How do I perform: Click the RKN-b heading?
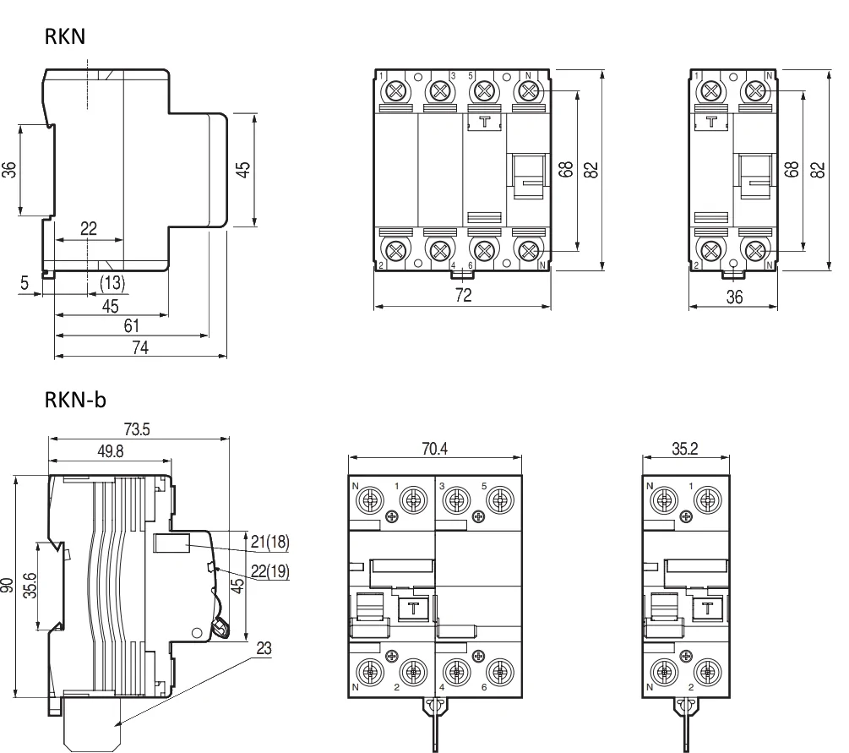(x=75, y=399)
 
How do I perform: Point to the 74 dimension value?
(x=140, y=347)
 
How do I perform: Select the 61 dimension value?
(x=131, y=326)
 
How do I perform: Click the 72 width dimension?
(x=462, y=295)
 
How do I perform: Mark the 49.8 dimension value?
(x=110, y=451)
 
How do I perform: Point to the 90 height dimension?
(x=8, y=586)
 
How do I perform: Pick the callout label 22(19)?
(x=270, y=572)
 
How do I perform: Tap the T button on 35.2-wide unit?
(x=708, y=607)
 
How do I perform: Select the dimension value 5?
(x=25, y=283)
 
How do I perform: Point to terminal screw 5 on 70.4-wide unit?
(x=499, y=500)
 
